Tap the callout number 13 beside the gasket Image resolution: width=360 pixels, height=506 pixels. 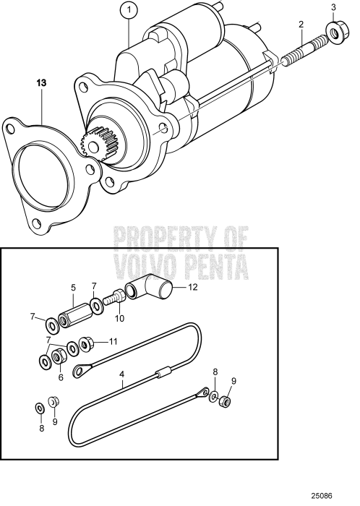coord(42,83)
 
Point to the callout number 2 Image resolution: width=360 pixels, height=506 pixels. coord(299,25)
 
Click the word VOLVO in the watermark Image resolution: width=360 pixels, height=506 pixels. coord(142,267)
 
